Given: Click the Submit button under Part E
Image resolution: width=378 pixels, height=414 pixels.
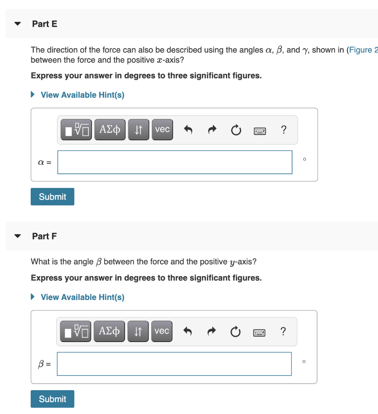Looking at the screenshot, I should pos(52,196).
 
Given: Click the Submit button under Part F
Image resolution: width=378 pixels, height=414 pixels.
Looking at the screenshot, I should pos(52,399).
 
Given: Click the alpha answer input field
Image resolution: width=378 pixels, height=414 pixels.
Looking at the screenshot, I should pos(175,162).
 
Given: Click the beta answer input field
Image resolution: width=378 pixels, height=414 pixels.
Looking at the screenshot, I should pos(174,364).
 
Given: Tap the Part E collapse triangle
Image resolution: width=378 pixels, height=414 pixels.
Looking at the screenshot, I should pos(17,24).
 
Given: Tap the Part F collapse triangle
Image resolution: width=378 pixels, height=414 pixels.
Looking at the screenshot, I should pos(17,236).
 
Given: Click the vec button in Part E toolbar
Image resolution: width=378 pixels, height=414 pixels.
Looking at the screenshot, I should pos(162,129).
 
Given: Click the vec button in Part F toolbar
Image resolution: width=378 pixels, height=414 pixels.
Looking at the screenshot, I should pos(161,331).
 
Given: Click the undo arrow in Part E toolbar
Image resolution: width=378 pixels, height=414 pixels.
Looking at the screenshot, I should pos(188,130).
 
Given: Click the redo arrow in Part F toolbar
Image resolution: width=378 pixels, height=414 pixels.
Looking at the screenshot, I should pos(211,332).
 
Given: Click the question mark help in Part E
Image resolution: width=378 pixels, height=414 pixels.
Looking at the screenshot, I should pos(284,130).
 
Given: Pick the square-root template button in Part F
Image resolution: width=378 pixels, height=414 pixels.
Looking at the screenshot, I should pos(76,332).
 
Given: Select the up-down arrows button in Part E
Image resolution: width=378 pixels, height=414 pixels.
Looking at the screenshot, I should pos(138,130).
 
